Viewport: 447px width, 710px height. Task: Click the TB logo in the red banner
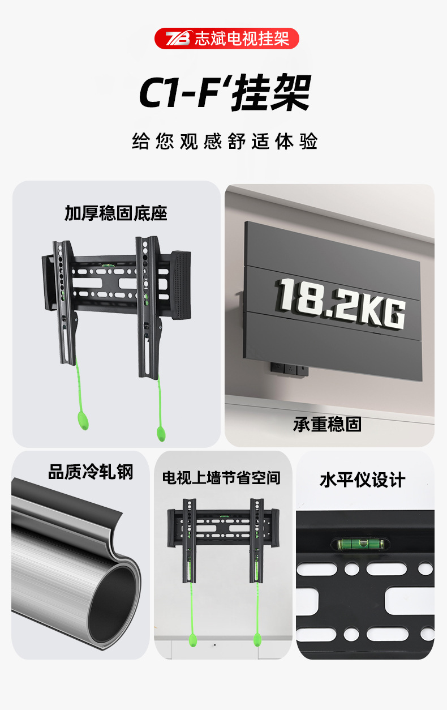point(178,39)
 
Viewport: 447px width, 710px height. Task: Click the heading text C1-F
point(179,92)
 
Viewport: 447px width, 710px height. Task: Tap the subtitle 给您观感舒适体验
point(225,142)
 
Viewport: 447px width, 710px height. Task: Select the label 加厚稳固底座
point(115,213)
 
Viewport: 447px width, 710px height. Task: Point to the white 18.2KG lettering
point(340,303)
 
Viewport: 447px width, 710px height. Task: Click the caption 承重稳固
point(327,424)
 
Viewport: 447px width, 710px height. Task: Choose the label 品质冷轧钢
point(91,472)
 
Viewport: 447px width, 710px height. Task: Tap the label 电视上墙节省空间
point(221,478)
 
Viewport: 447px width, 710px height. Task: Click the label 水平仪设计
point(363,480)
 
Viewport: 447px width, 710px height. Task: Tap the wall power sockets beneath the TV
point(289,369)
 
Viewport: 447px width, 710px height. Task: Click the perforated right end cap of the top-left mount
point(181,285)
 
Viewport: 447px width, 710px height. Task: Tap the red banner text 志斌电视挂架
point(242,39)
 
